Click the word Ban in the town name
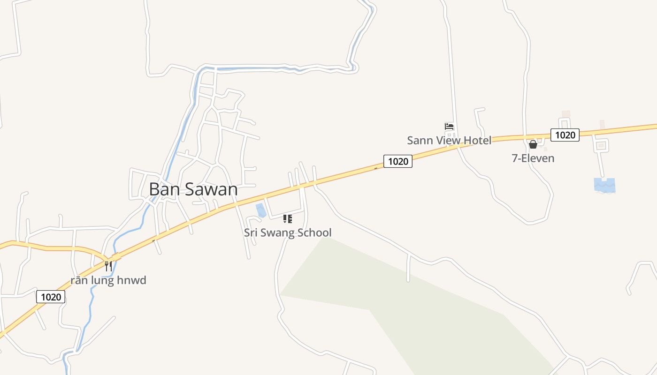pyautogui.click(x=163, y=189)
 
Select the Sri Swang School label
pyautogui.click(x=288, y=232)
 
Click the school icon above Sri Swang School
pyautogui.click(x=288, y=219)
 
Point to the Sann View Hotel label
pyautogui.click(x=449, y=140)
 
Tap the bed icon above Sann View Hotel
pyautogui.click(x=449, y=126)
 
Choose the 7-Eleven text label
pyautogui.click(x=533, y=158)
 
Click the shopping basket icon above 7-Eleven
pyautogui.click(x=533, y=144)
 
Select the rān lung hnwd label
pyautogui.click(x=108, y=280)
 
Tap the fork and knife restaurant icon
pyautogui.click(x=108, y=266)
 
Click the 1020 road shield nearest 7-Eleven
pyautogui.click(x=565, y=135)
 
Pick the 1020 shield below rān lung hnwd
pyautogui.click(x=51, y=297)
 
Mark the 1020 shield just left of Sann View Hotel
pyautogui.click(x=398, y=161)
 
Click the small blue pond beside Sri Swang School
pyautogui.click(x=261, y=210)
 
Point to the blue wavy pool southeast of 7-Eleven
pyautogui.click(x=604, y=185)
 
